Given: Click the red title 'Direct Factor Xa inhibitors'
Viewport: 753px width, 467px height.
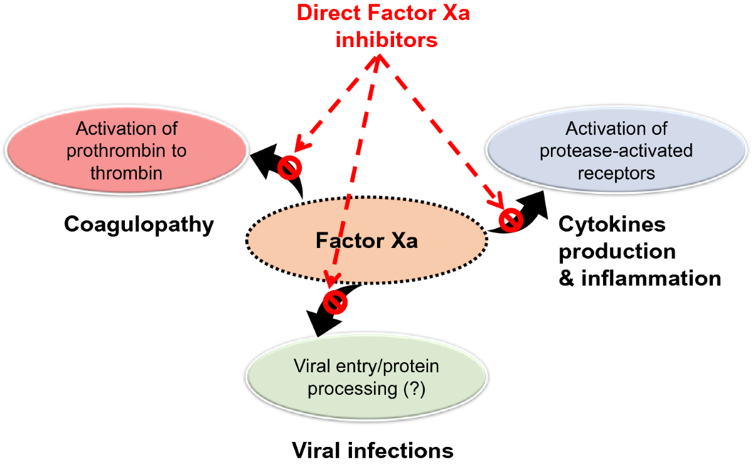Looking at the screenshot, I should [384, 26].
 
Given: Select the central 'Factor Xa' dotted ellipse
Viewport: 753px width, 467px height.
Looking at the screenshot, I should [366, 241].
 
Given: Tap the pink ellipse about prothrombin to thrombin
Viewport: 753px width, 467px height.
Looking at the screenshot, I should [126, 151].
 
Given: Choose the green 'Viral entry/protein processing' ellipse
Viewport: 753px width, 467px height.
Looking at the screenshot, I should [367, 377].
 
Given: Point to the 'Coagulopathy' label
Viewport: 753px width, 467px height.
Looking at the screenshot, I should [139, 224].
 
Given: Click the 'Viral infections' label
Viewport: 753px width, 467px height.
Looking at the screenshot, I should [372, 450].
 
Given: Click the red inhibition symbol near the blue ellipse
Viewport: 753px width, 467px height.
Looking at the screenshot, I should [511, 219].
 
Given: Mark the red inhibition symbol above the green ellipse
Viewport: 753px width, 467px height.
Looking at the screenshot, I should [336, 302].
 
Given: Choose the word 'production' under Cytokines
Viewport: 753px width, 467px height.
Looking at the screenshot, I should [617, 251].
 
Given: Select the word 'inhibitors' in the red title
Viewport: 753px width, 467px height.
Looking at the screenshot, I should [386, 40].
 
